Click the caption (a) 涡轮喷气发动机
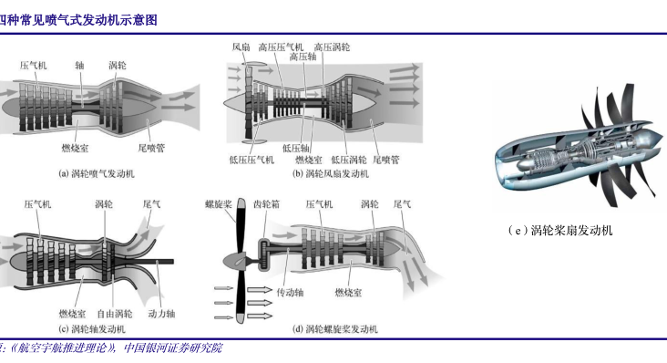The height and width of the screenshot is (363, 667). (x=97, y=173)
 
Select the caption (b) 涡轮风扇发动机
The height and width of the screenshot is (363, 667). (x=331, y=173)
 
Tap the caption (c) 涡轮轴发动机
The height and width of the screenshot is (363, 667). (x=92, y=329)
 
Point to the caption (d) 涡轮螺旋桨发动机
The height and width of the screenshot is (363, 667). (x=335, y=329)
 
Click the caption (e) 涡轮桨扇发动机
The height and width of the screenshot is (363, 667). (x=559, y=231)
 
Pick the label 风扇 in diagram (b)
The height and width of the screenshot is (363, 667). (x=241, y=47)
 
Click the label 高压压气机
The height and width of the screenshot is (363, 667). (x=282, y=47)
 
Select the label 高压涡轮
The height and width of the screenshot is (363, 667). (x=333, y=47)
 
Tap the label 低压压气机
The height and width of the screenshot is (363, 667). (x=251, y=160)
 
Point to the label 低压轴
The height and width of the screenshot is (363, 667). (x=295, y=148)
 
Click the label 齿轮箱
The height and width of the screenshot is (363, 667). (x=267, y=204)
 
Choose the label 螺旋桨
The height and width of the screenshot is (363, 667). (x=218, y=204)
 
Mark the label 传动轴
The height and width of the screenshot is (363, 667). (x=290, y=293)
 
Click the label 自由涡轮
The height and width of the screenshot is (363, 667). (x=115, y=314)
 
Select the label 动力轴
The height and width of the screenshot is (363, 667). (x=161, y=314)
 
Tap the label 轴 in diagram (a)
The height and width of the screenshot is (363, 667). (x=79, y=65)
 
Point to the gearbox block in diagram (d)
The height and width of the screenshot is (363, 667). (x=264, y=254)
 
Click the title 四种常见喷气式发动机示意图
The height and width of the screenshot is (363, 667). (x=77, y=20)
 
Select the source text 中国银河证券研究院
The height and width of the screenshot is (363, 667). (x=173, y=348)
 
